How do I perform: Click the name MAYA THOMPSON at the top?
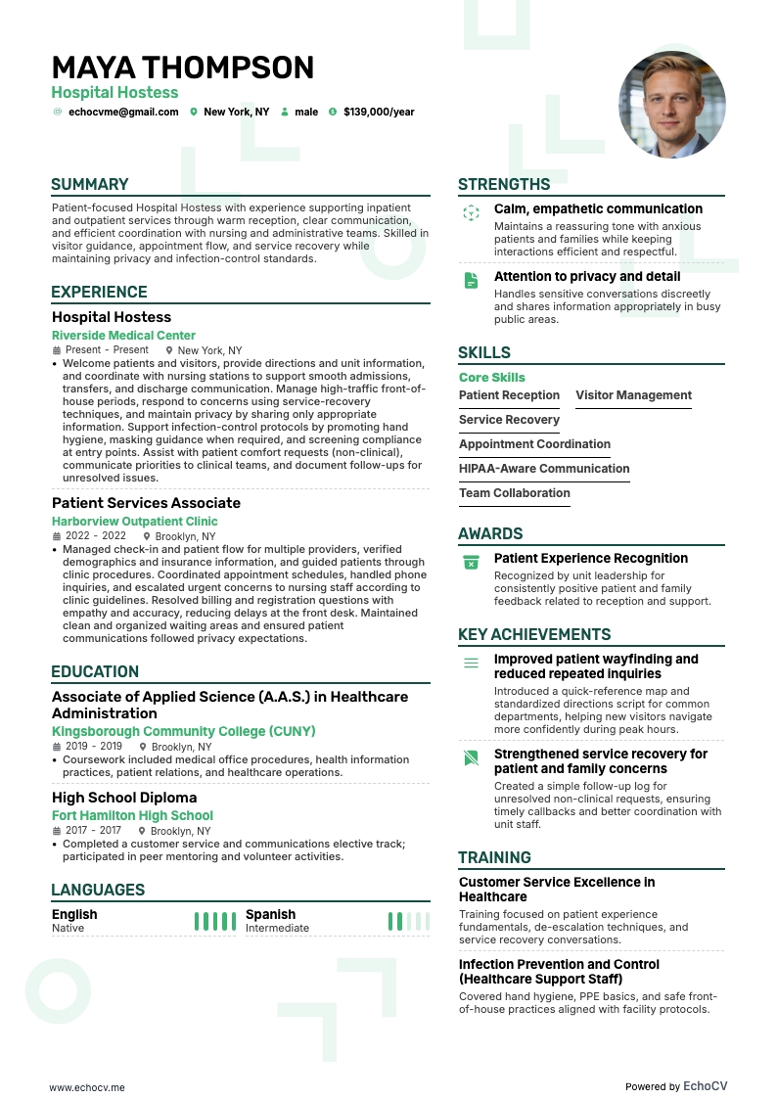point(183,68)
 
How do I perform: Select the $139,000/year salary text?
point(379,112)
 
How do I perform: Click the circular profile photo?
point(671,105)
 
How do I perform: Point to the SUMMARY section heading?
point(90,184)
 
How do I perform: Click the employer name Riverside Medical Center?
point(123,335)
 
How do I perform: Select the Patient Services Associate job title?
point(146,503)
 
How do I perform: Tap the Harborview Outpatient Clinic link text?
point(134,522)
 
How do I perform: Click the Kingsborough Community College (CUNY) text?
point(183,731)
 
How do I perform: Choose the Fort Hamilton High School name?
point(132,815)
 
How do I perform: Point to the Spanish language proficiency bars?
point(408,921)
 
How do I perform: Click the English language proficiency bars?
point(214,921)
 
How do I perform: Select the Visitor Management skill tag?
point(633,395)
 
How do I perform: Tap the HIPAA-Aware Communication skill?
point(544,469)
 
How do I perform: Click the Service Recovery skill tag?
point(509,420)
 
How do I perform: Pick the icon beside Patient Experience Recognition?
point(471,562)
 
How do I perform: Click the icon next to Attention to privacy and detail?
point(471,280)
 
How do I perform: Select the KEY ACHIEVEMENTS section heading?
point(534,634)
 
